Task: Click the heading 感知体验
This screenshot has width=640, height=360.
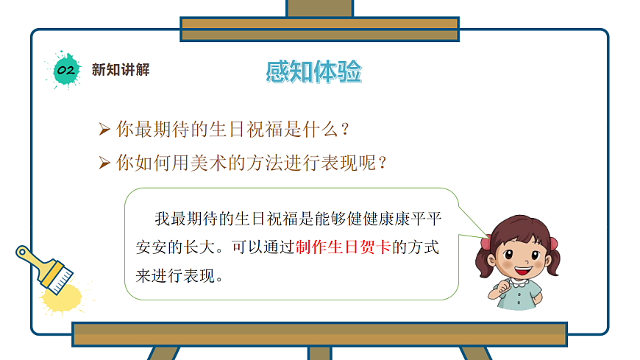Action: (314, 72)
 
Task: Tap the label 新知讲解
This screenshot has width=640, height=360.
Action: (121, 70)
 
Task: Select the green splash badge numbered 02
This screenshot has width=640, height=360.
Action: (65, 70)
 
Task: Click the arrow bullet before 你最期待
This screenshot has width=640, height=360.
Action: (104, 130)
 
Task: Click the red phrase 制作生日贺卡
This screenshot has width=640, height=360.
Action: (344, 247)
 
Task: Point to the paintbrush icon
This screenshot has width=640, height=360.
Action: (46, 268)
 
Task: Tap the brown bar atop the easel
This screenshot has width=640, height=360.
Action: (319, 29)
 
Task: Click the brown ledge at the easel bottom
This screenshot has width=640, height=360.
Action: (319, 333)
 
